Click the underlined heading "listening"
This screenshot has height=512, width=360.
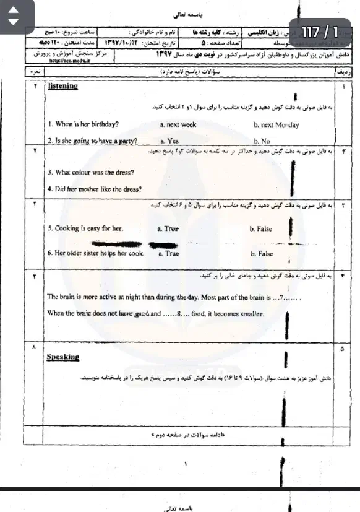click(x=62, y=86)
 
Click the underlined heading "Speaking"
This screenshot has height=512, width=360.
click(x=63, y=357)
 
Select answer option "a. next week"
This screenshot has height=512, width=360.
click(x=178, y=124)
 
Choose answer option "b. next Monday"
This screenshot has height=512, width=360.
click(x=276, y=125)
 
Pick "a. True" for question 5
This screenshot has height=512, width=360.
click(x=168, y=228)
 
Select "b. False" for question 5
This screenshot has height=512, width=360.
click(x=260, y=228)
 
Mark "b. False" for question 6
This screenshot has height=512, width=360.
click(x=262, y=254)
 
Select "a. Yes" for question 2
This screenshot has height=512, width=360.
click(x=169, y=141)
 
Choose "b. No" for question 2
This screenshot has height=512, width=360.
click(x=262, y=141)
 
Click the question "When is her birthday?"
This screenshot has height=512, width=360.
click(x=84, y=124)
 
